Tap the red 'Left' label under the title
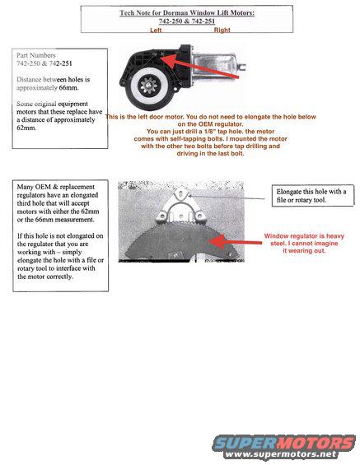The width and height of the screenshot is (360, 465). click(x=156, y=30)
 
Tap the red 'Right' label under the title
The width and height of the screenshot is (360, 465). click(x=222, y=30)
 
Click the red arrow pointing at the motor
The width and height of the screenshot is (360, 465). click(x=206, y=72)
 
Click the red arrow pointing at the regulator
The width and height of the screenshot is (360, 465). click(x=231, y=239)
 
